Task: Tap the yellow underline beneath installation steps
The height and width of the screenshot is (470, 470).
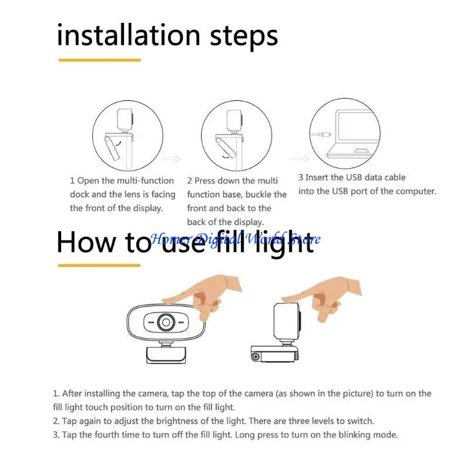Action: (100, 61)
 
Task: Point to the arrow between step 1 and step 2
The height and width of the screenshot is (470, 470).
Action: (172, 159)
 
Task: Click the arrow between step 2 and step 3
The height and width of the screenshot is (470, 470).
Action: (300, 159)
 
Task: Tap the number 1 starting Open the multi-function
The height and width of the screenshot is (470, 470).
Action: (72, 181)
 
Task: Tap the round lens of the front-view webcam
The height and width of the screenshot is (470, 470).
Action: (166, 323)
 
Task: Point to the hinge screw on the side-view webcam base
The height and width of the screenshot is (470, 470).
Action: (256, 357)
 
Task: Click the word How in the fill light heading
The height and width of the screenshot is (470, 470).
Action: (86, 242)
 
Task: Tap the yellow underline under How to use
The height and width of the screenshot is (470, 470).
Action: (99, 266)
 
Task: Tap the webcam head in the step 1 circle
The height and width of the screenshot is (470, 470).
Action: (125, 119)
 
